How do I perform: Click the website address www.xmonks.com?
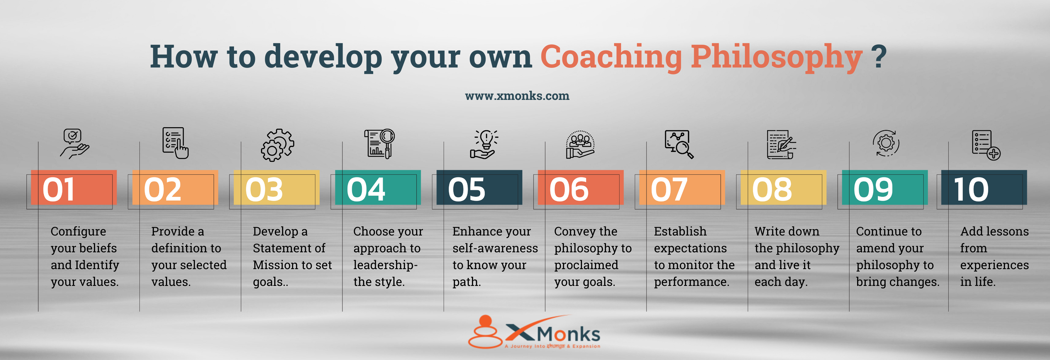(x=517, y=96)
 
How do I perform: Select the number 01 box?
(x=74, y=187)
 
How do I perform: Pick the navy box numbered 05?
(x=479, y=187)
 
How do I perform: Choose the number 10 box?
(x=984, y=187)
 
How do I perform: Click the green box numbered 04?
(x=378, y=187)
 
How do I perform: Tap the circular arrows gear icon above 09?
(x=886, y=143)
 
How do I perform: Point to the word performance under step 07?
(x=691, y=282)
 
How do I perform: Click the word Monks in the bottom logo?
(x=568, y=334)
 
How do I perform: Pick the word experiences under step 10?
(x=994, y=265)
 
